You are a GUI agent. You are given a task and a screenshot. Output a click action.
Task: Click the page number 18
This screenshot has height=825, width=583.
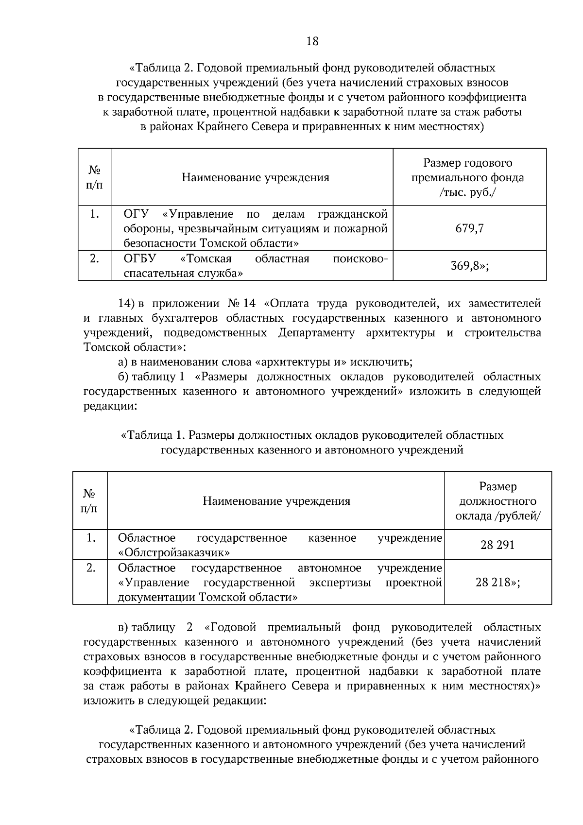[x=312, y=41]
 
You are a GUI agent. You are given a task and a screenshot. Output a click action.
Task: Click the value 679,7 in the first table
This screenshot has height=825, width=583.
[x=469, y=228]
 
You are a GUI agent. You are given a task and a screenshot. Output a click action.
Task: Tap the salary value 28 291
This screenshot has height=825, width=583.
[x=497, y=545]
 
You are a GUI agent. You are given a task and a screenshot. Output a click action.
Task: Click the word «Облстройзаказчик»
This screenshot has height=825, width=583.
[x=174, y=552]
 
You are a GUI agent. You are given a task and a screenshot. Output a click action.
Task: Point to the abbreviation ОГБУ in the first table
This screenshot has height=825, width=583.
[x=137, y=258]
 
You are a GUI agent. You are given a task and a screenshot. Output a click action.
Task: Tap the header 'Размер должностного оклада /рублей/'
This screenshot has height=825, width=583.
[x=497, y=501]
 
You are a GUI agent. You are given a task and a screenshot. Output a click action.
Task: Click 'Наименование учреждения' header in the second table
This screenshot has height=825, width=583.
[x=276, y=501]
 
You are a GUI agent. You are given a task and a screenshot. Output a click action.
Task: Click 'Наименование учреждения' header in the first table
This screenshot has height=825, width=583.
[x=256, y=177]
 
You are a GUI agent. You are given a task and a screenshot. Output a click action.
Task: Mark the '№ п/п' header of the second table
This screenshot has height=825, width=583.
[x=89, y=501]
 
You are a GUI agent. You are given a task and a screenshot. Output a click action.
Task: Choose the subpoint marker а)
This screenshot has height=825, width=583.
[x=123, y=362]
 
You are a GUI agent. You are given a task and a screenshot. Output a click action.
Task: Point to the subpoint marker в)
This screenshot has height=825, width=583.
[x=123, y=627]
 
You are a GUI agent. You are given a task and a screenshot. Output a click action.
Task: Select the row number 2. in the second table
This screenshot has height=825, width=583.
[x=90, y=568]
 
